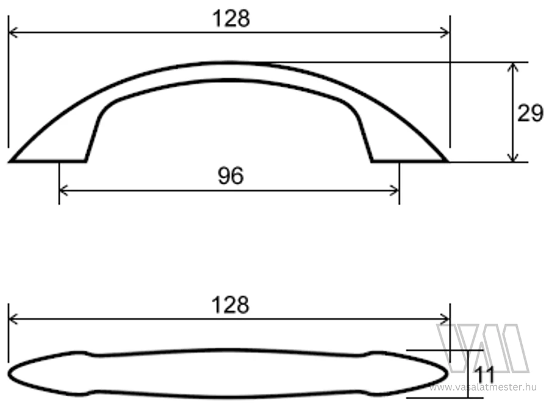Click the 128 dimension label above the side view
(x=231, y=18)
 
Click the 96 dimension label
(x=231, y=176)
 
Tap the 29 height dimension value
(x=530, y=113)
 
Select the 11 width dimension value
(x=484, y=374)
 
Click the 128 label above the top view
(x=231, y=305)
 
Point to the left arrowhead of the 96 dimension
(x=63, y=190)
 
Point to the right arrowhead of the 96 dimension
(x=395, y=190)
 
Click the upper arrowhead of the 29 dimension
(x=513, y=67)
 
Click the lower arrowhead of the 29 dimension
(x=513, y=157)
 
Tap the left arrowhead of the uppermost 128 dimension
(x=13, y=32)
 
